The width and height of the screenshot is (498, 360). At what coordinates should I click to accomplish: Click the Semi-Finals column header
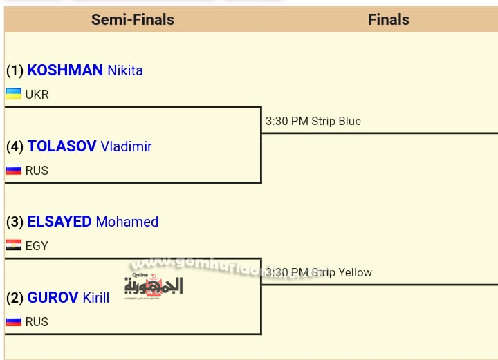pyautogui.click(x=133, y=20)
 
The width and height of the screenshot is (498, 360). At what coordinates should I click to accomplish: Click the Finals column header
pyautogui.click(x=388, y=20)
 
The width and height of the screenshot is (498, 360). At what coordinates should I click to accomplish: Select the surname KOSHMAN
pyautogui.click(x=65, y=70)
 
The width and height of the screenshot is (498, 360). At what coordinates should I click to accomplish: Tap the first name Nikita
pyautogui.click(x=124, y=70)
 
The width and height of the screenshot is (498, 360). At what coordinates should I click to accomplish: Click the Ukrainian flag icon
pyautogui.click(x=13, y=94)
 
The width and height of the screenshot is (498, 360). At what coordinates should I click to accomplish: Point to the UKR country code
pyautogui.click(x=37, y=95)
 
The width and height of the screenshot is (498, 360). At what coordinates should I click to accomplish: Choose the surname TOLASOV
pyautogui.click(x=62, y=146)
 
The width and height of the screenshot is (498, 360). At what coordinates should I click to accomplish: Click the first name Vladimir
pyautogui.click(x=126, y=146)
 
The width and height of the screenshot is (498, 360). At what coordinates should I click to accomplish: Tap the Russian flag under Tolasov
pyautogui.click(x=13, y=170)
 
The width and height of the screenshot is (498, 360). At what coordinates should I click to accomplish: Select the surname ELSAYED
pyautogui.click(x=59, y=222)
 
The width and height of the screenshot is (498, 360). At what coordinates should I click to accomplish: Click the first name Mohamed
pyautogui.click(x=127, y=222)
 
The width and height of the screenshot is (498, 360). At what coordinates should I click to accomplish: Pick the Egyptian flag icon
pyautogui.click(x=13, y=245)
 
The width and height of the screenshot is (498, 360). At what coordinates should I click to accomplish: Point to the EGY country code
pyautogui.click(x=37, y=246)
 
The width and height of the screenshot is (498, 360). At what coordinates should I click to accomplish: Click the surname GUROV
pyautogui.click(x=53, y=298)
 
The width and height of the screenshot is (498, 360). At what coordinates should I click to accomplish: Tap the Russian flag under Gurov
pyautogui.click(x=13, y=321)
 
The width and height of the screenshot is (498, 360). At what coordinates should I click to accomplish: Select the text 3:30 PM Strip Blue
pyautogui.click(x=313, y=122)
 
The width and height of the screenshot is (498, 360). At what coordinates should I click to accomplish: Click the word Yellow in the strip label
pyautogui.click(x=355, y=273)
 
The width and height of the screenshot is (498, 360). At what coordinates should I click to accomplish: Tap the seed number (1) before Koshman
pyautogui.click(x=15, y=70)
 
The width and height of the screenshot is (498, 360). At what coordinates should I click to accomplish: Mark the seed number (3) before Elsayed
pyautogui.click(x=15, y=222)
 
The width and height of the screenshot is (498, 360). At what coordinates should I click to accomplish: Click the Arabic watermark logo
pyautogui.click(x=154, y=283)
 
